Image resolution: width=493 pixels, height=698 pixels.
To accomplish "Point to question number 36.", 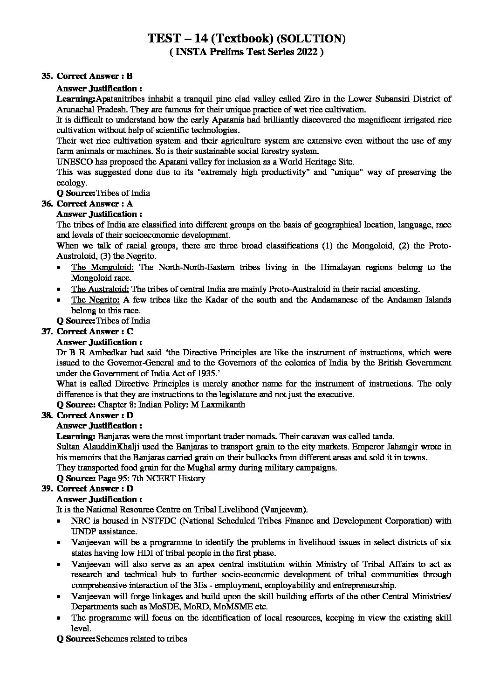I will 47,203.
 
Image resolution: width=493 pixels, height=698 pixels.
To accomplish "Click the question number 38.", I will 47,415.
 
